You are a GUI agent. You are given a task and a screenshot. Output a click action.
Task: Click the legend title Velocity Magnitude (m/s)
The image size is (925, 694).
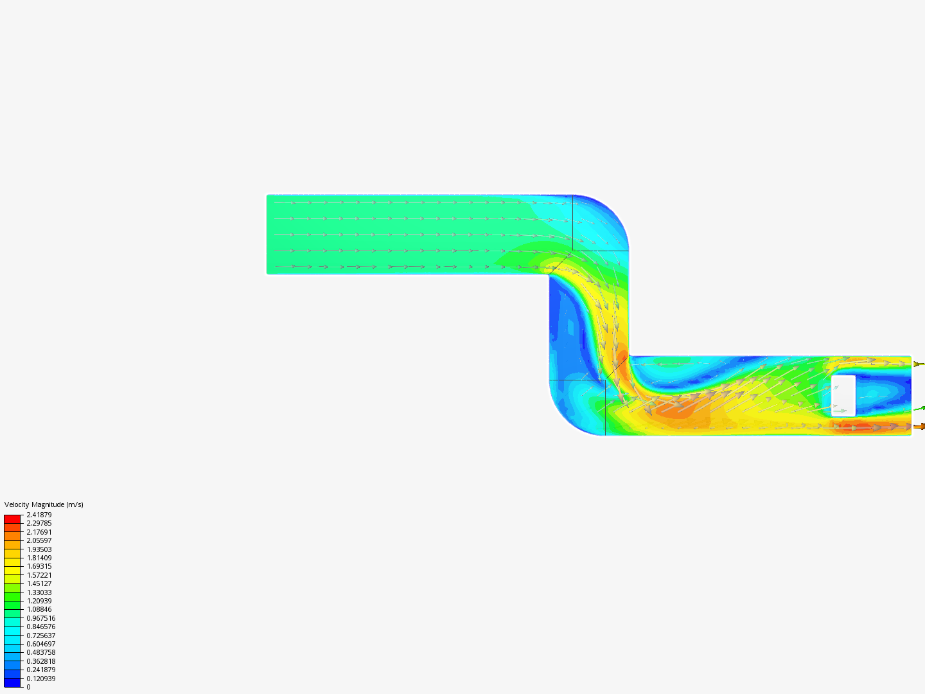tap(44, 504)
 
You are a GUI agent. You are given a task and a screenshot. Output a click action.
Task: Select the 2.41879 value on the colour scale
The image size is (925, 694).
tap(39, 515)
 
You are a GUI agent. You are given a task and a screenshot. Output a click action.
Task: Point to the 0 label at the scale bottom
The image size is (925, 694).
tap(28, 687)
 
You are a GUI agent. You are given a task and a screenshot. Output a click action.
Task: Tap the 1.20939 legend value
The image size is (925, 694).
tap(39, 601)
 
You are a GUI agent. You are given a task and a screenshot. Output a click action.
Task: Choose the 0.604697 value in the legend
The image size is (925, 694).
tap(41, 644)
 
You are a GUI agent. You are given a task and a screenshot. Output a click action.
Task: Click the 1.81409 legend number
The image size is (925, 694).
tap(39, 558)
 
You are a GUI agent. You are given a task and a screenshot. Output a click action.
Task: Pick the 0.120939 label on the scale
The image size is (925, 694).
tap(41, 679)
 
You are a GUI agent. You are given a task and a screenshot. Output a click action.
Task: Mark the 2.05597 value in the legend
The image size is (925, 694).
tap(39, 540)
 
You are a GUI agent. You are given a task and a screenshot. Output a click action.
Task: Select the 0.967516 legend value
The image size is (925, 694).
tap(41, 618)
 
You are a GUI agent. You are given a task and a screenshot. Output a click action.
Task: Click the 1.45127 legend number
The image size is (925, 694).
tap(39, 583)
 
